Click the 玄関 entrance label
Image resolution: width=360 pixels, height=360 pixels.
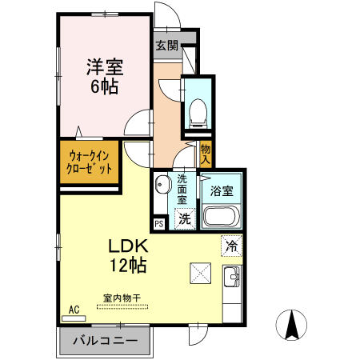click(166, 45)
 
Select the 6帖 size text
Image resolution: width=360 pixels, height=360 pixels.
click(104, 86)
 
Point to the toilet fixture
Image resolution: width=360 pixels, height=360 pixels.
click(196, 113)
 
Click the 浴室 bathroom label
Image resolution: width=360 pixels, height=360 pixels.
click(222, 191)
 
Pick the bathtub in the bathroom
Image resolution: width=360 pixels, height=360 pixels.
click(222, 217)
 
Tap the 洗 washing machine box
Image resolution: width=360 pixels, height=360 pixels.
click(184, 218)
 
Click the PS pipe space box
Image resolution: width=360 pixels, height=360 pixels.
click(158, 225)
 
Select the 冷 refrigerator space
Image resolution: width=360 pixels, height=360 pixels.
click(231, 246)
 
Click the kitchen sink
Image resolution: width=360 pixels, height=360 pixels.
click(233, 278)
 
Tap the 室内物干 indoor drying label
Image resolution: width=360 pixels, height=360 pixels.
click(121, 298)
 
